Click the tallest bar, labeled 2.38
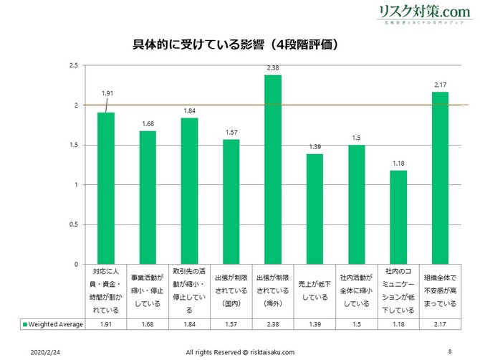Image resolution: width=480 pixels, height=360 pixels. [x=273, y=170]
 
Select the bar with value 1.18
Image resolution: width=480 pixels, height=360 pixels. [x=399, y=217]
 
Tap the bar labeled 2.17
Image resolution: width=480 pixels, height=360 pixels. [x=441, y=178]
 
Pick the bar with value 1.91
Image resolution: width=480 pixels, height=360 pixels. [x=106, y=188]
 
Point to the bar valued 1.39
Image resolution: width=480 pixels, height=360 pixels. [x=315, y=209]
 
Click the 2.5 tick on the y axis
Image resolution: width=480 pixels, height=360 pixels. [x=73, y=66]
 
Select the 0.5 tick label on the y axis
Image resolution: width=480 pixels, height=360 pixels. [x=73, y=224]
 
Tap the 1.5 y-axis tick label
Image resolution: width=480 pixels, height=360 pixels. [x=73, y=145]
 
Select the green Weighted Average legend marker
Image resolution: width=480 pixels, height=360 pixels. [x=26, y=324]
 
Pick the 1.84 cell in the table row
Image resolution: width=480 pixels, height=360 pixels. [x=189, y=324]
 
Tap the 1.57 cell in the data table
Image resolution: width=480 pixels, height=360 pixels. [x=231, y=324]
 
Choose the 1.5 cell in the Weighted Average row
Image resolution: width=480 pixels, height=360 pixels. [x=357, y=324]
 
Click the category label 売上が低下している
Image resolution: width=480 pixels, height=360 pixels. [x=315, y=291]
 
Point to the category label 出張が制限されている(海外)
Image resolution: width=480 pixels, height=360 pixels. [x=273, y=291]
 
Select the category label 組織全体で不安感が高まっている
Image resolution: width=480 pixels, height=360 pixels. [x=441, y=291]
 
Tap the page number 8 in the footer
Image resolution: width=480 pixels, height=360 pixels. [x=449, y=351]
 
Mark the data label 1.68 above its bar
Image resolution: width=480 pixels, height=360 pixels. [x=148, y=123]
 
